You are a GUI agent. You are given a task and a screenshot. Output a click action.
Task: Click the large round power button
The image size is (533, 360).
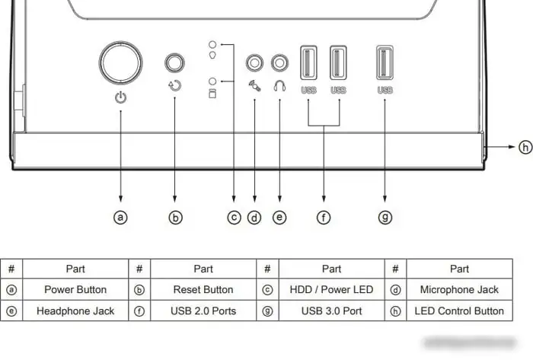(120, 62)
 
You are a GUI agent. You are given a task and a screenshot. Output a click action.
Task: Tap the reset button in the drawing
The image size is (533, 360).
(176, 62)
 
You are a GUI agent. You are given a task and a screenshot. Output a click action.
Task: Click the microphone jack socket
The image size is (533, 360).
(254, 62)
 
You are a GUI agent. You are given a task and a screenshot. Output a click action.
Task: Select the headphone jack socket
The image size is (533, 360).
(280, 62)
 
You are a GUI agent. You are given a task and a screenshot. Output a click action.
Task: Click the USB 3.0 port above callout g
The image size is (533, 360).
(385, 62)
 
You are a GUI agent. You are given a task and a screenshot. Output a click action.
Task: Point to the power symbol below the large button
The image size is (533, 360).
(120, 97)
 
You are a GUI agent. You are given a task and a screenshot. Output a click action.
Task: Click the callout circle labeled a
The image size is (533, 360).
(120, 218)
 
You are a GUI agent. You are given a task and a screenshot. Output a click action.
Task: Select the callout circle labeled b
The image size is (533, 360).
(176, 218)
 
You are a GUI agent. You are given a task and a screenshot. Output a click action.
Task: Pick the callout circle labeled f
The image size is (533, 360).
(324, 218)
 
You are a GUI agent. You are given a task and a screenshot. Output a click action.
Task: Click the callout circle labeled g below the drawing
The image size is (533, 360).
(385, 218)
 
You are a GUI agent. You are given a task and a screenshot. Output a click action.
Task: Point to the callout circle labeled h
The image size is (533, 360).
(525, 147)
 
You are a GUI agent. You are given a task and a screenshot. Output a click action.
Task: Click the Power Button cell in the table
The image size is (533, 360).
(75, 289)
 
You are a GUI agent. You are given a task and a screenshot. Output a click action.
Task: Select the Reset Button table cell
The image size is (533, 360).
(203, 289)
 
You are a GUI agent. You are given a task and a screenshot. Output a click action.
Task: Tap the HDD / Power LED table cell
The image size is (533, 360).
(331, 289)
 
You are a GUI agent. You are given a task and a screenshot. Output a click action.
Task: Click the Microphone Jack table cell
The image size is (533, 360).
(459, 289)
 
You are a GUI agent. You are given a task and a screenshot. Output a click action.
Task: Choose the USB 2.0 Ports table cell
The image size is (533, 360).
(203, 311)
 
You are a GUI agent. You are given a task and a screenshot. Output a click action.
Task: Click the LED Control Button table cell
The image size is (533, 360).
(459, 311)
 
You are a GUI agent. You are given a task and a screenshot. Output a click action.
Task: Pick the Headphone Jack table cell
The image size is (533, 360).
(75, 311)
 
